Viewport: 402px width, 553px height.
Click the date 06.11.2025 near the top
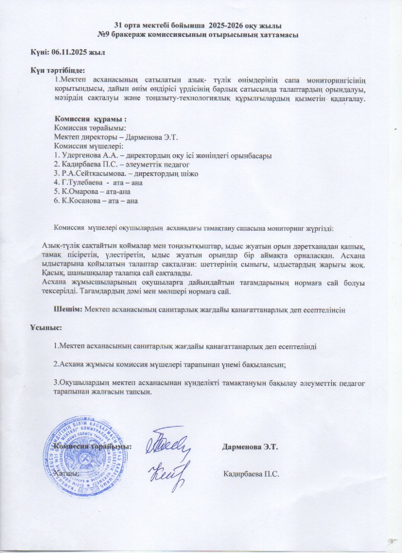coord(75,53)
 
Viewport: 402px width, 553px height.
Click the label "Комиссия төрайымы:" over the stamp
coord(92,447)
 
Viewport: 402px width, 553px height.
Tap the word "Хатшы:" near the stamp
coord(65,474)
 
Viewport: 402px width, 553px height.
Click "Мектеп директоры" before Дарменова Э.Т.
coord(81,137)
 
